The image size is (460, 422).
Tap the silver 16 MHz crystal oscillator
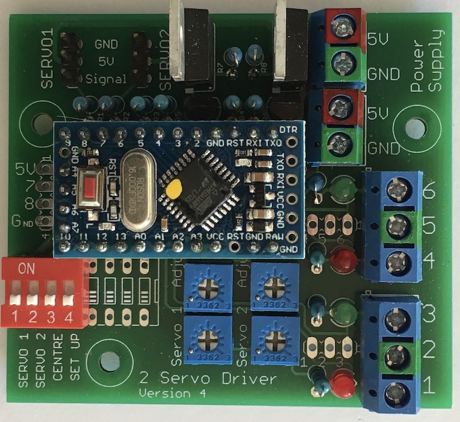click(x=138, y=187)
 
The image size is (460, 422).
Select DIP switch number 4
click(x=68, y=300)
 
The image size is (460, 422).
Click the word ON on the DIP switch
click(x=26, y=268)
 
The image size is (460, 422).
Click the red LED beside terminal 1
click(x=343, y=382)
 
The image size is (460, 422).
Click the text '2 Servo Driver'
click(x=209, y=379)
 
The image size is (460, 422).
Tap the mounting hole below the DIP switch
click(x=107, y=361)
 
